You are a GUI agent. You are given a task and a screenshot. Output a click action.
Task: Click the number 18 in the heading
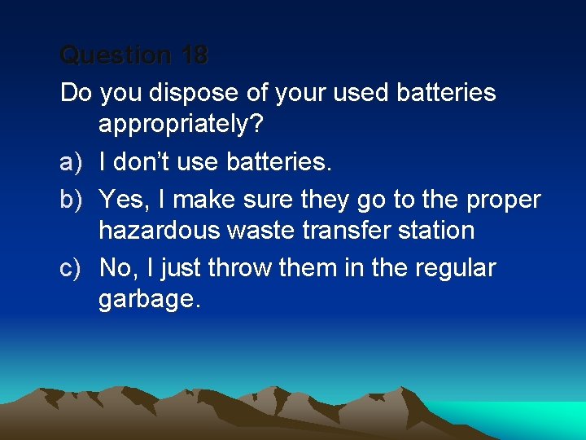click(195, 55)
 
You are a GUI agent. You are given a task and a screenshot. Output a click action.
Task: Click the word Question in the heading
click(116, 55)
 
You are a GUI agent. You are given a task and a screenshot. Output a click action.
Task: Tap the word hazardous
click(159, 230)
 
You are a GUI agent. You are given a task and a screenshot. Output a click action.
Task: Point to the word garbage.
click(149, 300)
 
